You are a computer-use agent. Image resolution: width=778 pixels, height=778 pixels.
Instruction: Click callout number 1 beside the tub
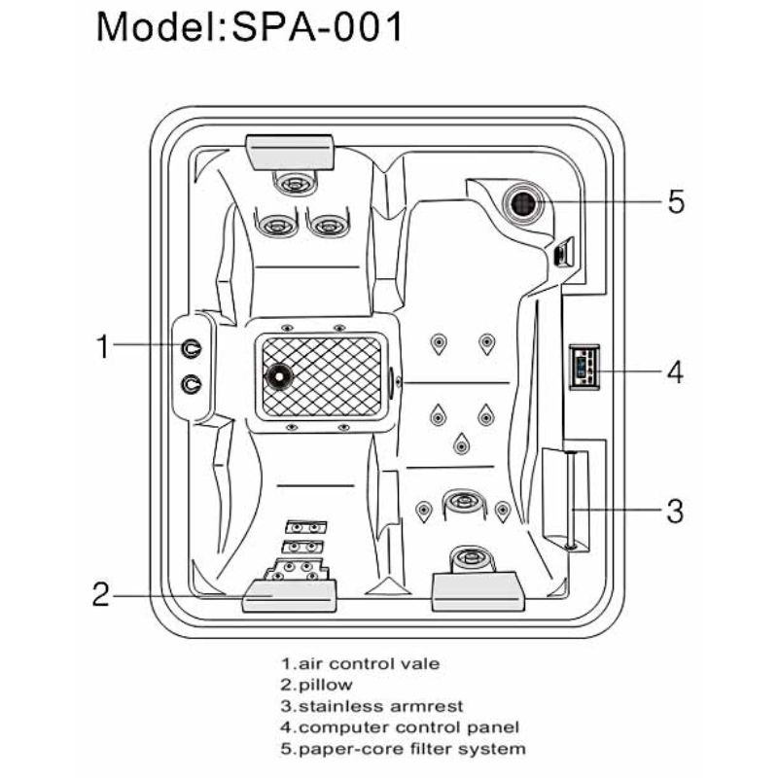pyautogui.click(x=103, y=346)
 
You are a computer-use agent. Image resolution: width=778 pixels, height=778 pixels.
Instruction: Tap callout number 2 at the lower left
pyautogui.click(x=101, y=594)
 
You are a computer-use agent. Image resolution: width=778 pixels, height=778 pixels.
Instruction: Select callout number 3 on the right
pyautogui.click(x=675, y=511)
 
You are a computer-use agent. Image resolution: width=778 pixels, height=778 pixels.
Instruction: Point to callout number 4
pyautogui.click(x=675, y=371)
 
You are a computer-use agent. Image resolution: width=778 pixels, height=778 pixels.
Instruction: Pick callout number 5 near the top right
pyautogui.click(x=676, y=201)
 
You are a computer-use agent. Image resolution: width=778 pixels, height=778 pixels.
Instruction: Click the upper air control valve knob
pyautogui.click(x=191, y=348)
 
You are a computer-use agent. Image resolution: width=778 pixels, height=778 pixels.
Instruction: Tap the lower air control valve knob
pyautogui.click(x=191, y=384)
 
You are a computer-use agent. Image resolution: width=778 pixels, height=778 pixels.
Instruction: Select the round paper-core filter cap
pyautogui.click(x=523, y=203)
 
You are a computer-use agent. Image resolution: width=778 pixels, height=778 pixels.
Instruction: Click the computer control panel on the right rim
pyautogui.click(x=584, y=368)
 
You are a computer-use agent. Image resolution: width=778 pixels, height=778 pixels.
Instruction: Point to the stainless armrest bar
pyautogui.click(x=572, y=500)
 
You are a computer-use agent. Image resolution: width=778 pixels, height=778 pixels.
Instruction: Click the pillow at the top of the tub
pyautogui.click(x=291, y=152)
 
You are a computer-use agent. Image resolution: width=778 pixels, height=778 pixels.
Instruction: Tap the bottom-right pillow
pyautogui.click(x=478, y=591)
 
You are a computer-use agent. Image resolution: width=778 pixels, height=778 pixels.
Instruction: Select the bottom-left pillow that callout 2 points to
pyautogui.click(x=289, y=595)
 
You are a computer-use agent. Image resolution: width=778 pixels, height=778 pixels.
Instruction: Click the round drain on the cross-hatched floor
pyautogui.click(x=279, y=376)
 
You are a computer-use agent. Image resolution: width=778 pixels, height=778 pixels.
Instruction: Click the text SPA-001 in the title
pyautogui.click(x=318, y=27)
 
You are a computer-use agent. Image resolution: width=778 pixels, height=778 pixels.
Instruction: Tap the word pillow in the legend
pyautogui.click(x=326, y=686)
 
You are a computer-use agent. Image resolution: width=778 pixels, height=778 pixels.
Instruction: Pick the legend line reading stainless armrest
pyautogui.click(x=372, y=706)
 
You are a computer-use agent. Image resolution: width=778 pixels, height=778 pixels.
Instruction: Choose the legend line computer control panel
pyautogui.click(x=400, y=727)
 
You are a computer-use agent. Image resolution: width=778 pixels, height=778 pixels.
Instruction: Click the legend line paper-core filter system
pyautogui.click(x=403, y=749)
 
